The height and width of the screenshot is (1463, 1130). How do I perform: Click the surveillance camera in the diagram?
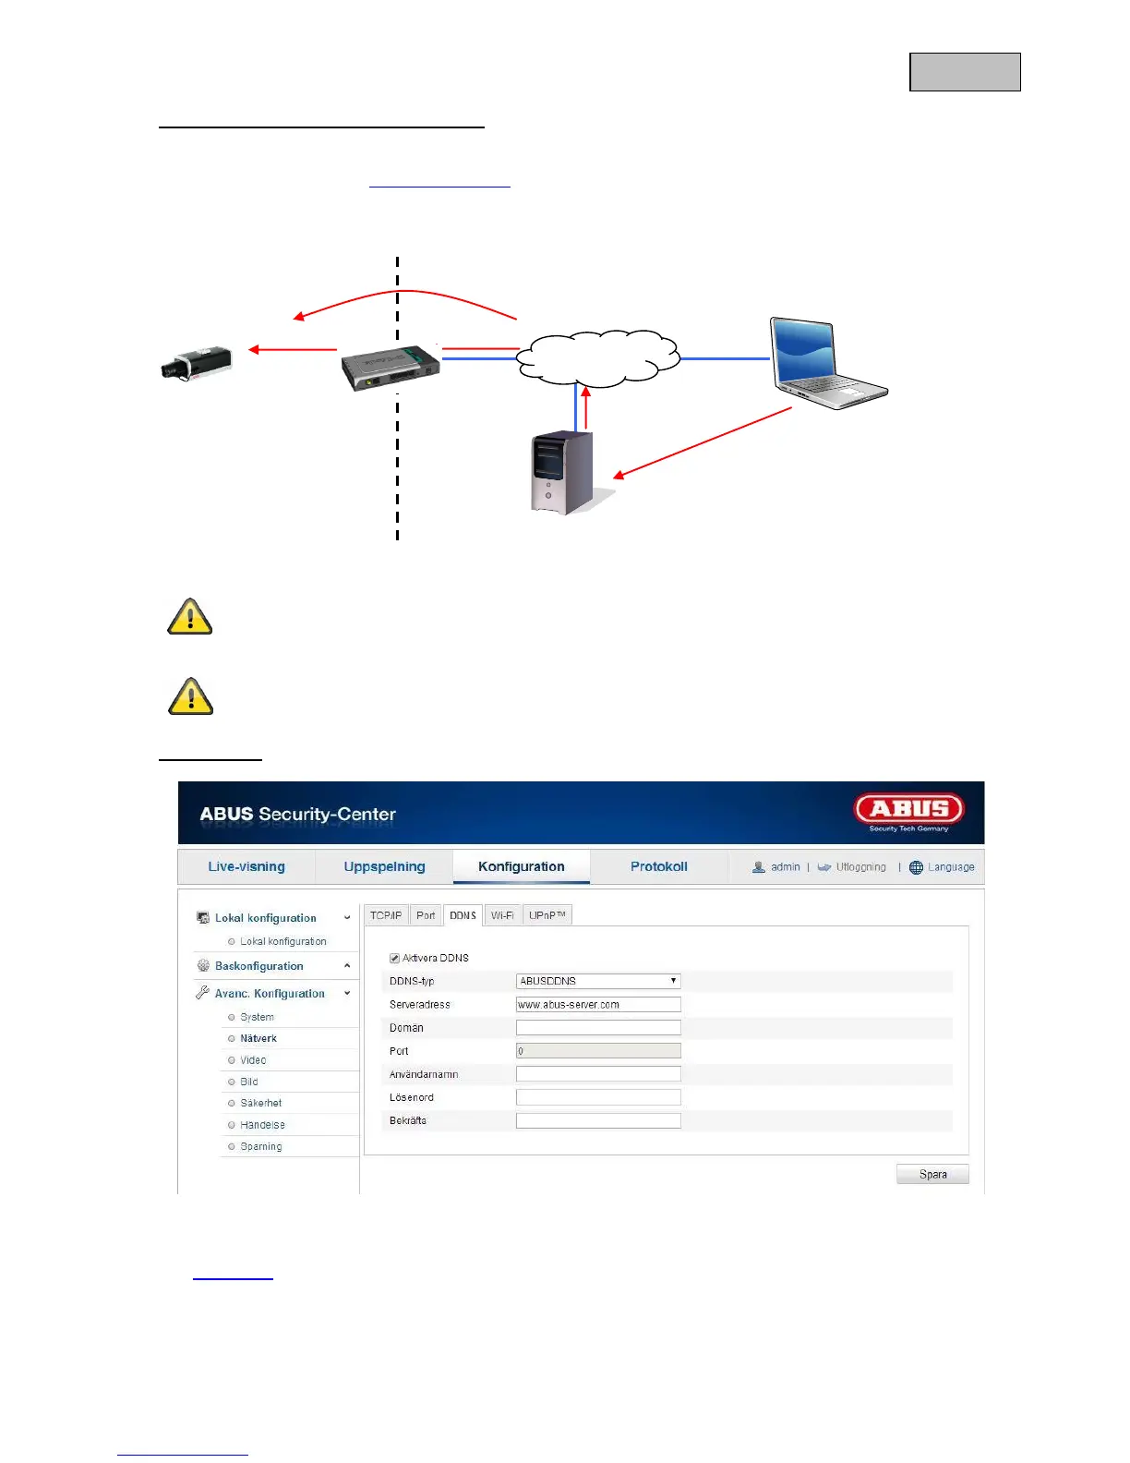196,363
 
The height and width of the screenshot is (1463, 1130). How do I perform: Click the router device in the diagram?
391,367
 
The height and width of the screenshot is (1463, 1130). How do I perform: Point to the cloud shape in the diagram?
598,358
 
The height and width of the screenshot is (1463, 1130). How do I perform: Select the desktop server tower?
563,473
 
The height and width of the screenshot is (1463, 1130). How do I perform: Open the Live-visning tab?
246,866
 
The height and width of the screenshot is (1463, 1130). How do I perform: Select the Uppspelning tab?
384,866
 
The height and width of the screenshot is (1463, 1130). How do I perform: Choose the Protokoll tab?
658,866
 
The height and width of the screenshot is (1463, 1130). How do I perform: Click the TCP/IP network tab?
386,915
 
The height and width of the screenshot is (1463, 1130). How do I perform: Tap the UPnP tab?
547,915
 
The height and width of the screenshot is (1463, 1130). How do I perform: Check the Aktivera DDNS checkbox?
395,959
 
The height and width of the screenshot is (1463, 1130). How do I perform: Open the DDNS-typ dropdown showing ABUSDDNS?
598,981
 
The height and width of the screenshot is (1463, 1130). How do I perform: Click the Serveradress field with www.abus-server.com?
598,1004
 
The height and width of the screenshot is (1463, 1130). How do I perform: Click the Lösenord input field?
598,1097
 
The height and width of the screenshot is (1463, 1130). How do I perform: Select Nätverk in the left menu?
258,1038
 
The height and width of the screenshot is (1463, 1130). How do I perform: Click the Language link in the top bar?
950,867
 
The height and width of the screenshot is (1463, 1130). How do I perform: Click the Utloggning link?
860,867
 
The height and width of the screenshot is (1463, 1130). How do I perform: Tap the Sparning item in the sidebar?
261,1146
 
